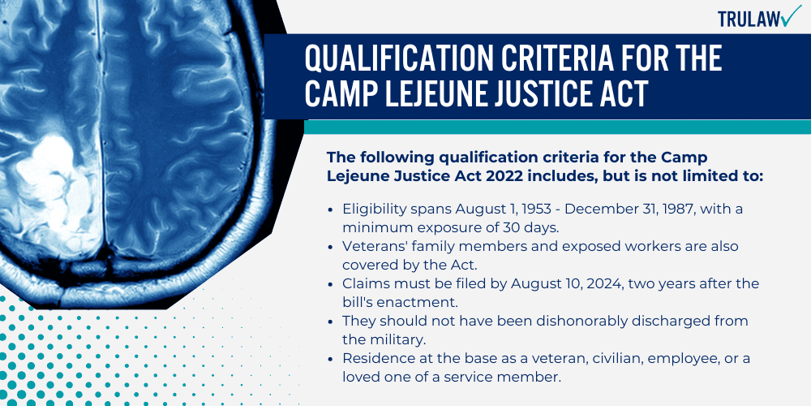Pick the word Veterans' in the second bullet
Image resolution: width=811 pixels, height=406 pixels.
point(375,246)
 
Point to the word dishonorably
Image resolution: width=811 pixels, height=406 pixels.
point(539,321)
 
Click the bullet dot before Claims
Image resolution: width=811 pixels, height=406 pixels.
point(331,283)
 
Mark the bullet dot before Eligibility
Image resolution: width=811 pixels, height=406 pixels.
point(331,209)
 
